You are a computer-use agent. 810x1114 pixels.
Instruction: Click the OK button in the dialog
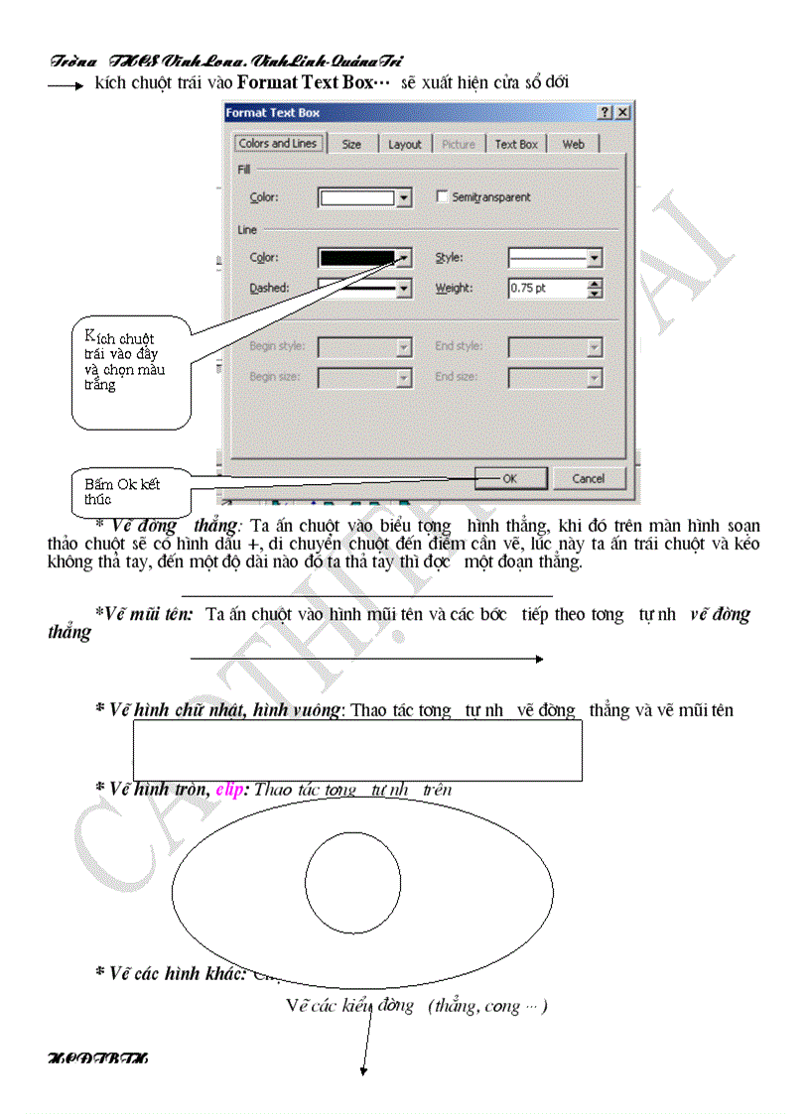[x=509, y=478]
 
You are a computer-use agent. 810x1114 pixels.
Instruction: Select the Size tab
[x=351, y=144]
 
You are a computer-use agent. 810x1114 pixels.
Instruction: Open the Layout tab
[x=404, y=144]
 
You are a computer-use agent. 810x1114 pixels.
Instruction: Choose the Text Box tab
[x=516, y=144]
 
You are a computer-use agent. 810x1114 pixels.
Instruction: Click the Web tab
[x=574, y=144]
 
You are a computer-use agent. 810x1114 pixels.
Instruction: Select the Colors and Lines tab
[x=277, y=143]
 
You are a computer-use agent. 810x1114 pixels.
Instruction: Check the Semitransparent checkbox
[x=443, y=196]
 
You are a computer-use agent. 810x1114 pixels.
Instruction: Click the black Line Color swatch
[x=357, y=258]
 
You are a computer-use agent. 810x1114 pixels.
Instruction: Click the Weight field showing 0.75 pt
[x=547, y=289]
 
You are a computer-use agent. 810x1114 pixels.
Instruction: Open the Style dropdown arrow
[x=594, y=258]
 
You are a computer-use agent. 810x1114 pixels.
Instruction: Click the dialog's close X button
[x=623, y=113]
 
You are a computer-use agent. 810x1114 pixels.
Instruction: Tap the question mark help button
[x=606, y=113]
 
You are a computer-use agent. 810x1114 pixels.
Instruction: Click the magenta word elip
[x=229, y=790]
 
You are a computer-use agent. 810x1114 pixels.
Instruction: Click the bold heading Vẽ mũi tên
[x=149, y=615]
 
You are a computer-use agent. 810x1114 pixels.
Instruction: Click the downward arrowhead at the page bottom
[x=364, y=1070]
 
